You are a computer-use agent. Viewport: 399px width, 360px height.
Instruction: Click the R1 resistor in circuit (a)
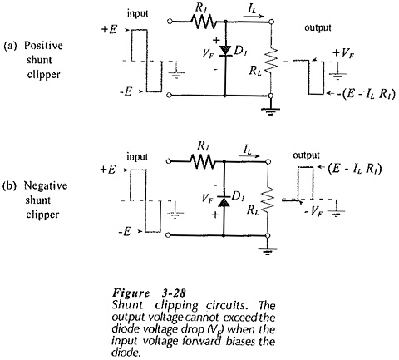(204, 22)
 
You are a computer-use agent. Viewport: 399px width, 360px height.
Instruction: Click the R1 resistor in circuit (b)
(202, 161)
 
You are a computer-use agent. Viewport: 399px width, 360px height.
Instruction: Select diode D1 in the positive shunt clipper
(225, 51)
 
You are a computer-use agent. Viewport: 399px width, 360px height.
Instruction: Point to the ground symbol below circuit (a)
(271, 111)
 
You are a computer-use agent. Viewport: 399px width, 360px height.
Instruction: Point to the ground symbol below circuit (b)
(268, 250)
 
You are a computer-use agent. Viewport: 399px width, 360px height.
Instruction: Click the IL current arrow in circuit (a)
(254, 17)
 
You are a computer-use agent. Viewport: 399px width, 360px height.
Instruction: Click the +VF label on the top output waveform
(344, 53)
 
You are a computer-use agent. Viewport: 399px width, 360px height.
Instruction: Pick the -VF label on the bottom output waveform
(313, 212)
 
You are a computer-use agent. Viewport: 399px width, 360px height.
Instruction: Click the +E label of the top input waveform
(109, 29)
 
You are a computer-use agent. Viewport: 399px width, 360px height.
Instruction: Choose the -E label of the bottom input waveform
(125, 231)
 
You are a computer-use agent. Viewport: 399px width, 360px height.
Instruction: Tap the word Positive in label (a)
(43, 45)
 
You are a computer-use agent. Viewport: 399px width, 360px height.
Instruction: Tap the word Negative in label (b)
(46, 185)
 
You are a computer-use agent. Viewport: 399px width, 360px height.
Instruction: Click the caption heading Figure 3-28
(149, 293)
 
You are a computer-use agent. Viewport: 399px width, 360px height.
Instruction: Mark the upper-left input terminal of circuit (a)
(170, 22)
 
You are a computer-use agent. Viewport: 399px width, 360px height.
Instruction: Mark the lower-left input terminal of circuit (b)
(168, 235)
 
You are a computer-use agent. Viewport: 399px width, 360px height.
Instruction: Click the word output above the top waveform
(318, 27)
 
